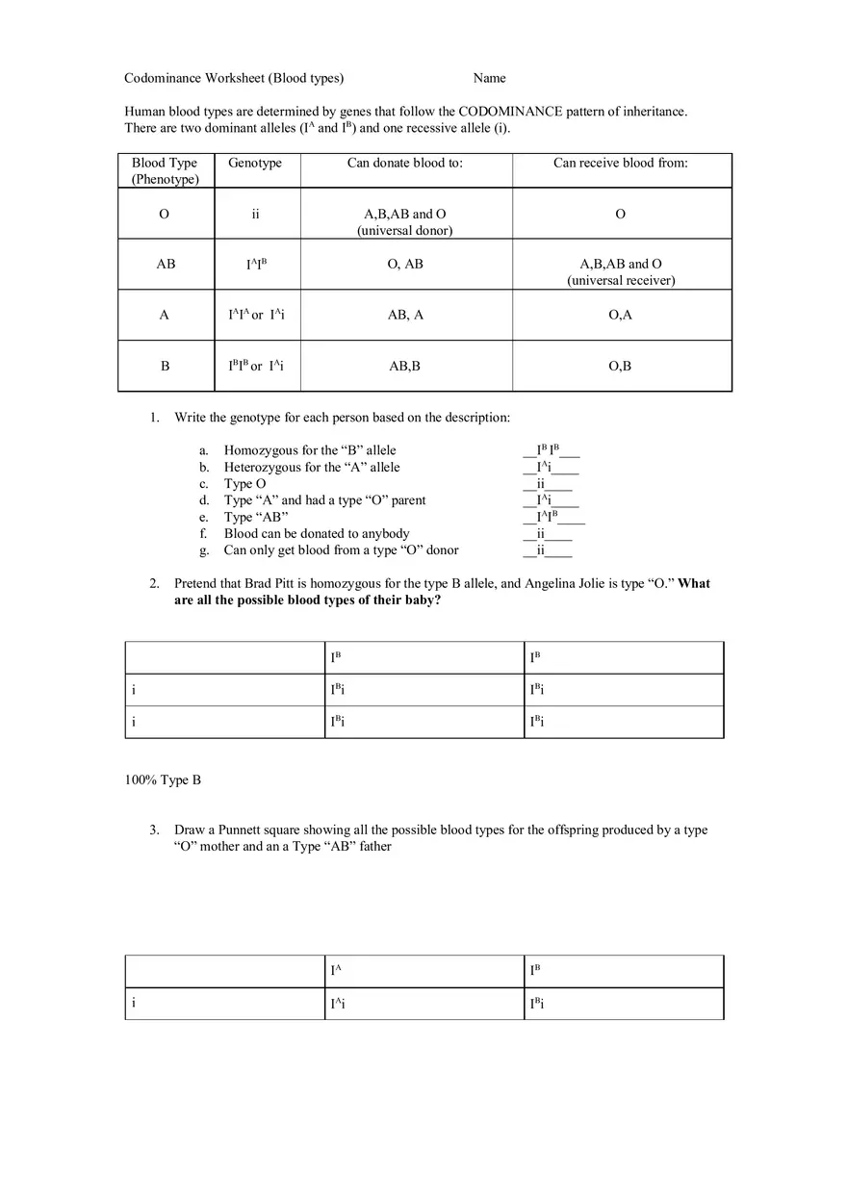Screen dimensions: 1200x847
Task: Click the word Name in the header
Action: (489, 78)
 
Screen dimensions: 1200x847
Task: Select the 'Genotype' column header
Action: (255, 163)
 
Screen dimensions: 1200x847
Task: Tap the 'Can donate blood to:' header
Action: (405, 163)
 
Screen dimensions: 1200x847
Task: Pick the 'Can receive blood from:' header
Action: (620, 163)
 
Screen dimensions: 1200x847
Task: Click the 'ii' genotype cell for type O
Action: (255, 214)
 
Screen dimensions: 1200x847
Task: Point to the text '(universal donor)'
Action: (405, 230)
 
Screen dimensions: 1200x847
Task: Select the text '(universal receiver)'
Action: (621, 280)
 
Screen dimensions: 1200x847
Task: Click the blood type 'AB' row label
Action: (166, 264)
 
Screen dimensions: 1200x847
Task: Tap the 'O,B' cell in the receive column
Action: (620, 366)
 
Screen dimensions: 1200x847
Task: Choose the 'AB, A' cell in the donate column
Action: (405, 315)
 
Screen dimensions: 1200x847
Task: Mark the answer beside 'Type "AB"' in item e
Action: (550, 518)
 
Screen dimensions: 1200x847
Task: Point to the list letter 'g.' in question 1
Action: (204, 550)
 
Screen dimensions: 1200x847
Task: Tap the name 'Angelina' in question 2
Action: (551, 583)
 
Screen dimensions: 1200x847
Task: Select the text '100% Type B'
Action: (163, 779)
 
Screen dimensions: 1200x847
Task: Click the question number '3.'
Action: (154, 830)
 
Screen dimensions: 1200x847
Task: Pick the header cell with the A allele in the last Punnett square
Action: (336, 971)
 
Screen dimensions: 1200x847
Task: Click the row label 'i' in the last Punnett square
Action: (133, 1004)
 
